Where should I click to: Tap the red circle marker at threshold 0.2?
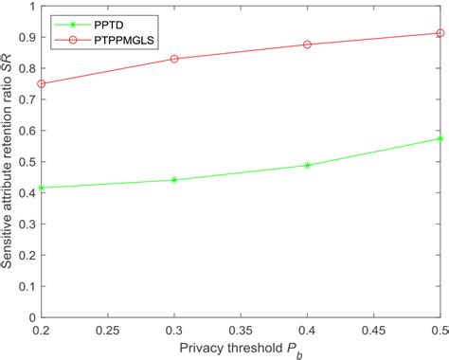[x=41, y=83]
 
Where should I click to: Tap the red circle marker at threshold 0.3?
[x=174, y=59]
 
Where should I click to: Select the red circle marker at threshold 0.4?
[x=307, y=45]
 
